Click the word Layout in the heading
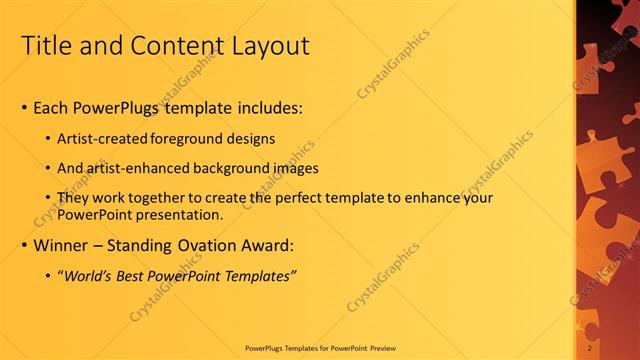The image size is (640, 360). pyautogui.click(x=271, y=46)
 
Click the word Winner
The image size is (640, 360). pyautogui.click(x=62, y=244)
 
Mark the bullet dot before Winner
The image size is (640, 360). pyautogui.click(x=24, y=245)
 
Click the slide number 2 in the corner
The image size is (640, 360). pyautogui.click(x=591, y=347)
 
